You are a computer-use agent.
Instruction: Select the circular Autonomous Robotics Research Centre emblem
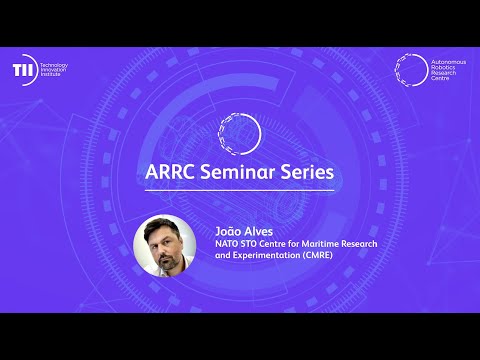(407, 69)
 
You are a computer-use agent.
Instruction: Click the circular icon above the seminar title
(240, 132)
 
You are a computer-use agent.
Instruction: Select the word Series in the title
(304, 172)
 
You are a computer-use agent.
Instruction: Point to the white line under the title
(240, 190)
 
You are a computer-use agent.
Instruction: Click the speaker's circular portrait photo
(164, 245)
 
